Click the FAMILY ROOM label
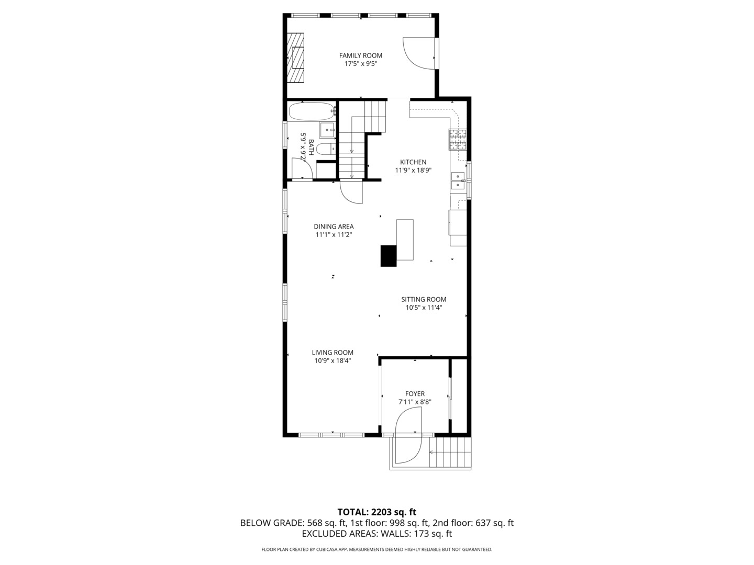pyautogui.click(x=360, y=55)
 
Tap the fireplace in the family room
pyautogui.click(x=296, y=58)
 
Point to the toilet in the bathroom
pyautogui.click(x=326, y=149)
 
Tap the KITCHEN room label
pyautogui.click(x=413, y=162)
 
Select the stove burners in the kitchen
pyautogui.click(x=457, y=139)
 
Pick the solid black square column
pyautogui.click(x=389, y=256)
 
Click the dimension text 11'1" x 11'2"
pyautogui.click(x=334, y=235)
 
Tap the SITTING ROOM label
pyautogui.click(x=424, y=300)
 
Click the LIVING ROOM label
pyautogui.click(x=332, y=353)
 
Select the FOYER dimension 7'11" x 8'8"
pyautogui.click(x=415, y=402)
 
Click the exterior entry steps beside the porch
pyautogui.click(x=451, y=453)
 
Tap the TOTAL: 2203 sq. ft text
pyautogui.click(x=376, y=512)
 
